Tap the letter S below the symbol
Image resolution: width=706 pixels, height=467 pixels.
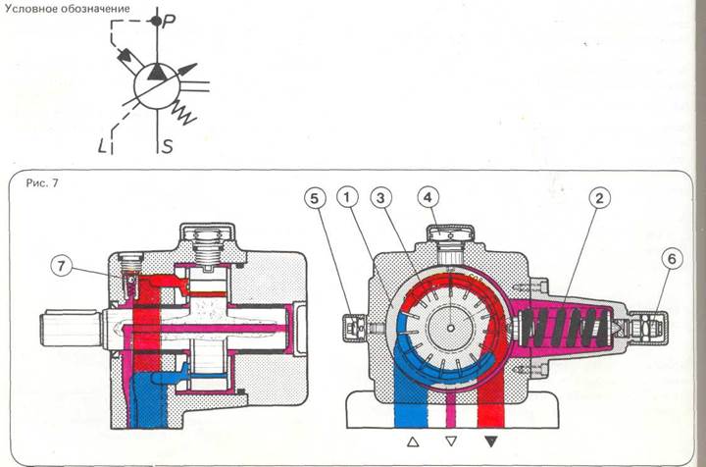click(x=168, y=147)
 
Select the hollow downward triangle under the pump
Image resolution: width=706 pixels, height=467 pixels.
click(x=450, y=442)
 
